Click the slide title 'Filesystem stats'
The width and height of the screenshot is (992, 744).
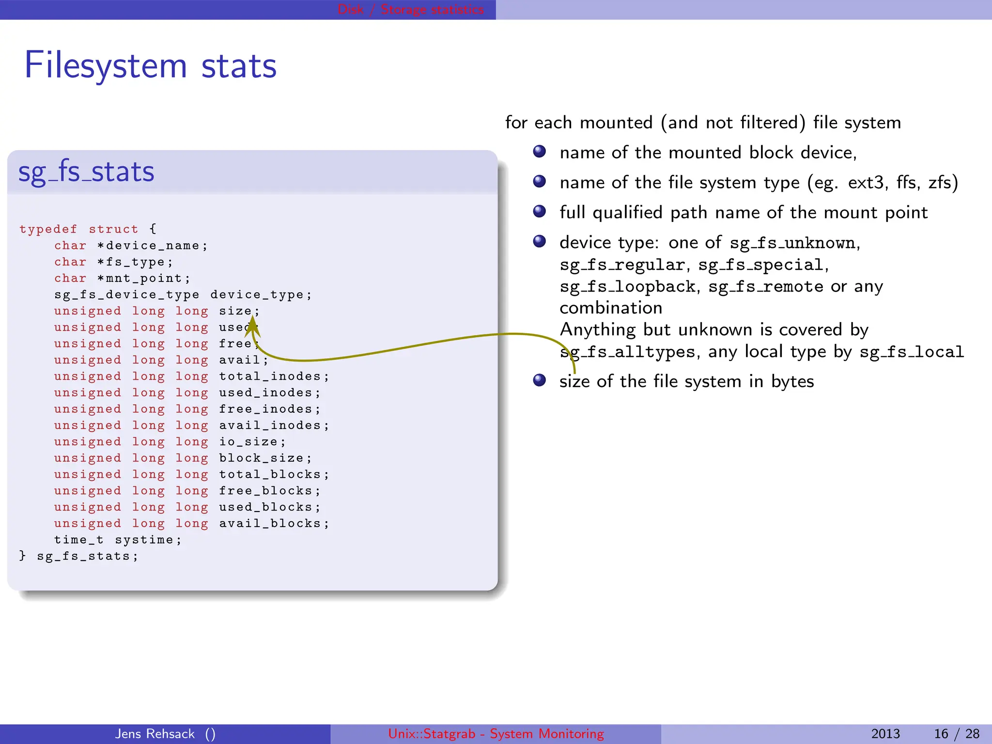(150, 65)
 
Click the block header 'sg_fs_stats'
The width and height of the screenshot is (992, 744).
(86, 172)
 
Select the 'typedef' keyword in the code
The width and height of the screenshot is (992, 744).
(48, 229)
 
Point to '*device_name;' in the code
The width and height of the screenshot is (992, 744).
(152, 246)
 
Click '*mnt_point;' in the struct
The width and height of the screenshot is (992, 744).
(143, 279)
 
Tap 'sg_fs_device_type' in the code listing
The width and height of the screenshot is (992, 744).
(126, 295)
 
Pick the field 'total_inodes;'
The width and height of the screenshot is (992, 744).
(274, 376)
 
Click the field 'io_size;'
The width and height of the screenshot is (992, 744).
(252, 442)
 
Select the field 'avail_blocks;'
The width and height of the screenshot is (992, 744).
(274, 524)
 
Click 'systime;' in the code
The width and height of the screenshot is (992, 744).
(148, 540)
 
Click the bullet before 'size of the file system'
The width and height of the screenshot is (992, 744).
(539, 380)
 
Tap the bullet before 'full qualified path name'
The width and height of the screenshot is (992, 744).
(539, 212)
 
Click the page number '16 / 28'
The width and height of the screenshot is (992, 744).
(956, 734)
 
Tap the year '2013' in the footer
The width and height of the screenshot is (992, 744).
(885, 734)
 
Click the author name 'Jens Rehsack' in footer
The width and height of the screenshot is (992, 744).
(155, 734)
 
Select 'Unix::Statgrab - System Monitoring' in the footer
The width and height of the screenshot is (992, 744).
(496, 734)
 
